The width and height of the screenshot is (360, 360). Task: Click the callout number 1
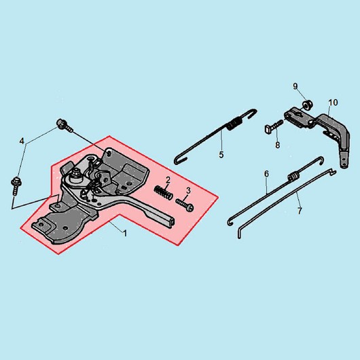coord(125,234)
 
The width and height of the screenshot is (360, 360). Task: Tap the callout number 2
coord(168,180)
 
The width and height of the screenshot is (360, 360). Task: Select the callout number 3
coord(188,191)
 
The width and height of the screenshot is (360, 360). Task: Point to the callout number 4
coord(22,141)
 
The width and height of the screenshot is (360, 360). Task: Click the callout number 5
coord(221,155)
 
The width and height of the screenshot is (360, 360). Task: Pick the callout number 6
coord(266,174)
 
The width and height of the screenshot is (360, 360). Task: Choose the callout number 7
coord(300,211)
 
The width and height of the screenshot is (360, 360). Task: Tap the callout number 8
coord(278,145)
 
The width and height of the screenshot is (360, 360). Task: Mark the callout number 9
coord(295,86)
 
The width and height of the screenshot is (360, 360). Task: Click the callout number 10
coord(333,103)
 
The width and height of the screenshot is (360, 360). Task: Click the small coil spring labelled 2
coord(163,192)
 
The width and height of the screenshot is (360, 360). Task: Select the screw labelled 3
coord(185,204)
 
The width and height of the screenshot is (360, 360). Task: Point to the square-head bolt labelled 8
coord(274,127)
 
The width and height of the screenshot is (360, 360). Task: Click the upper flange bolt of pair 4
coord(65,126)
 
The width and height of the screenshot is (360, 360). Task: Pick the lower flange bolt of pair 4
coord(16,185)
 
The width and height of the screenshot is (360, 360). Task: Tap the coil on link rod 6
coord(293,177)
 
